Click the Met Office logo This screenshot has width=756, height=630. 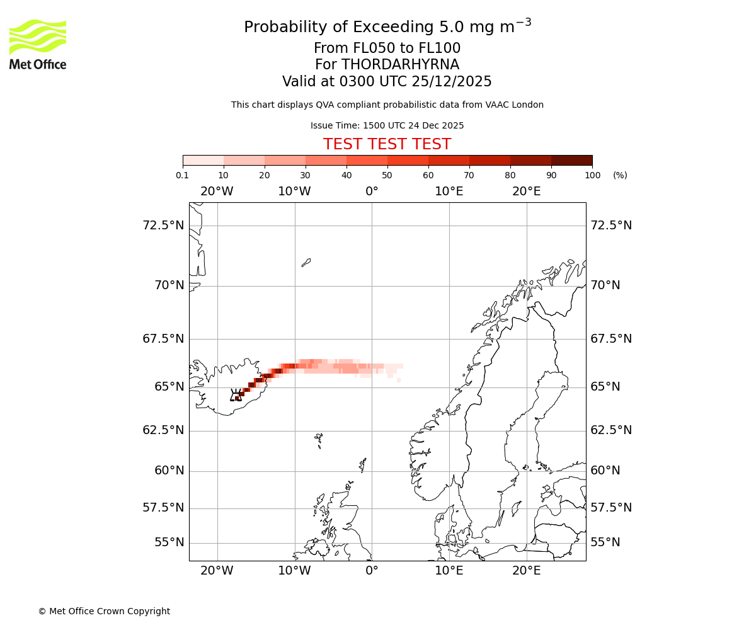(38, 44)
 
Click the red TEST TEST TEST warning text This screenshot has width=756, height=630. (387, 144)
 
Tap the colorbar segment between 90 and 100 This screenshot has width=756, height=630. (571, 160)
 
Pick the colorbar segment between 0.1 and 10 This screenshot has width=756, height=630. (203, 160)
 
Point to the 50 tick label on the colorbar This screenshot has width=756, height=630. (387, 175)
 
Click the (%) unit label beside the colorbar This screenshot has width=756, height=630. (620, 175)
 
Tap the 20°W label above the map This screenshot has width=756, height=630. (217, 192)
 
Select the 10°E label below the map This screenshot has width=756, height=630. (449, 571)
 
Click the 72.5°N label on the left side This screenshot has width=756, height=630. (163, 226)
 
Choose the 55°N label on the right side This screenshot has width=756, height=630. (605, 542)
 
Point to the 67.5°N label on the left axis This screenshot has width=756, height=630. (163, 339)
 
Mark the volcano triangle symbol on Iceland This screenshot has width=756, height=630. (236, 396)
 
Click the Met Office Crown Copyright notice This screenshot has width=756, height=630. (104, 611)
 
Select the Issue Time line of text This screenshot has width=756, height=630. (387, 125)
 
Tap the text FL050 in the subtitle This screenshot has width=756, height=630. (362, 49)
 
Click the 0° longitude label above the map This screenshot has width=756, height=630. (372, 192)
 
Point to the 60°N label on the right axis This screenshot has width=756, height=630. (605, 471)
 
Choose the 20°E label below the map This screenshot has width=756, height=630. (527, 571)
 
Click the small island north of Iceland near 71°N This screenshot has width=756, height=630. (306, 262)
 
